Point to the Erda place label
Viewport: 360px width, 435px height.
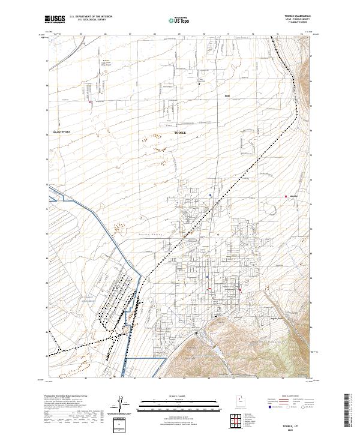point(227,96)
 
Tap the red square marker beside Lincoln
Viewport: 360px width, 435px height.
point(286,197)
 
